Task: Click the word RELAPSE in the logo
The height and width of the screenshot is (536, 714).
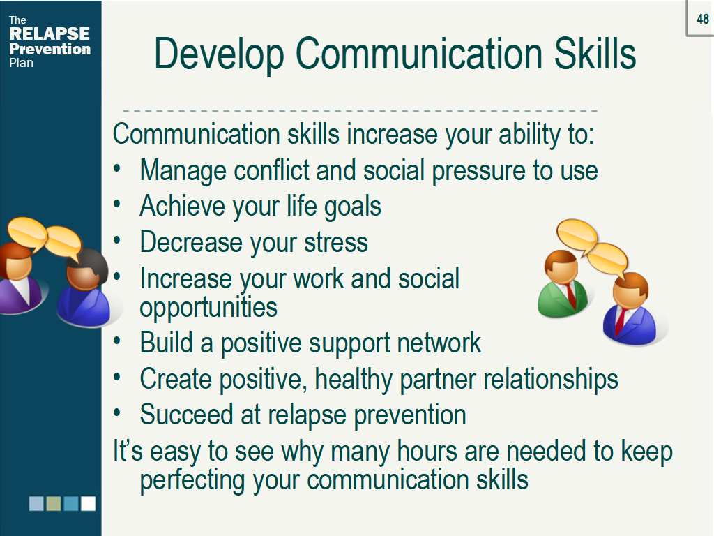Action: [x=50, y=33]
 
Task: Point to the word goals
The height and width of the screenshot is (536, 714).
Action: [x=352, y=207]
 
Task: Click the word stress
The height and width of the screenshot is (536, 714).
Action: [x=336, y=242]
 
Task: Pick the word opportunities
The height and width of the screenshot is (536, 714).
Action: [x=208, y=308]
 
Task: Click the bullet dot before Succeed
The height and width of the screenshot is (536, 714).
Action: [x=117, y=413]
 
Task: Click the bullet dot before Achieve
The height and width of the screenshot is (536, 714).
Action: [x=117, y=204]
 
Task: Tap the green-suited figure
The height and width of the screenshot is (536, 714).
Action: [x=563, y=285]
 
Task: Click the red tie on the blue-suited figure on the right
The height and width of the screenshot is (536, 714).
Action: [x=620, y=321]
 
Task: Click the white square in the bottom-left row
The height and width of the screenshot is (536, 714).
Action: [x=89, y=504]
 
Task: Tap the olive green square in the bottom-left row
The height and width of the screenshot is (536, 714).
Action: [x=54, y=504]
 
